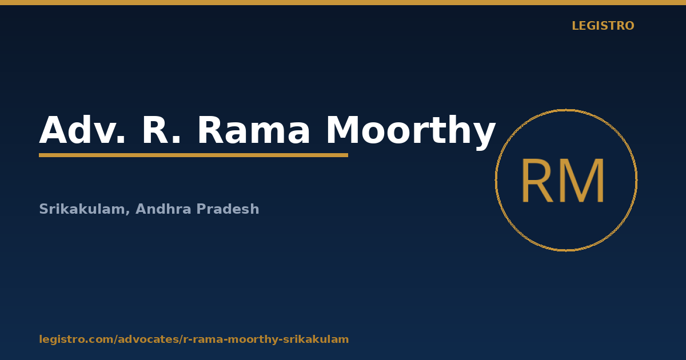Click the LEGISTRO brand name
tap(603, 26)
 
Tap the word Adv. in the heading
tap(82, 130)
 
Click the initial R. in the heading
tap(162, 130)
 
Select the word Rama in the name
tap(254, 130)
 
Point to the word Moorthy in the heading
tap(411, 131)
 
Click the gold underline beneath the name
tap(194, 155)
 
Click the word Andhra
tap(163, 209)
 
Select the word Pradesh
tap(228, 209)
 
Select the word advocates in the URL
tap(149, 339)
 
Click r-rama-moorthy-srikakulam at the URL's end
tap(266, 339)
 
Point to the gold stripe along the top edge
tap(343, 2)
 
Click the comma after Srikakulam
tap(127, 213)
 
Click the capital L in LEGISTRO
tap(576, 26)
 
